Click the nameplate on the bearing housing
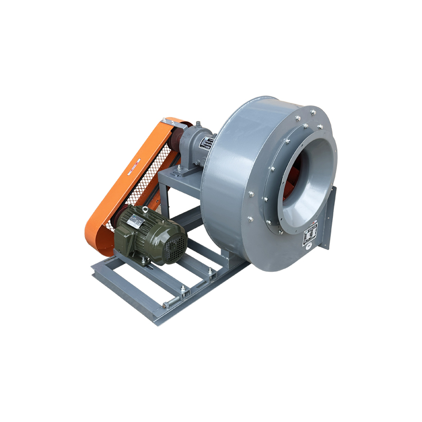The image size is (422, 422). pos(207,143)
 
